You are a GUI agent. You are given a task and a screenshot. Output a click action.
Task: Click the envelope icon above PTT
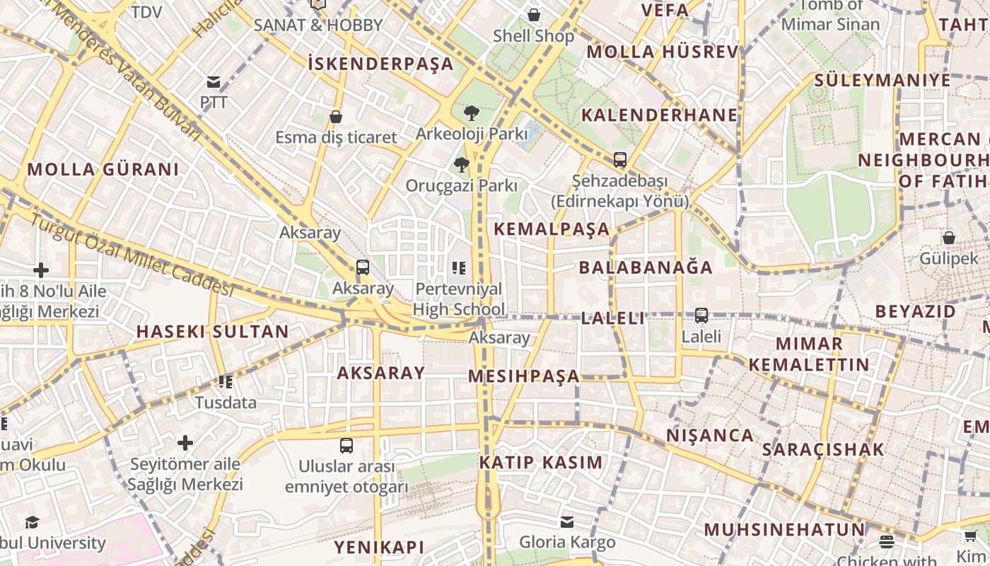point(214,82)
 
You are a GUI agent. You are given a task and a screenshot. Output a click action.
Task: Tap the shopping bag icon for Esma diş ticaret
point(336,117)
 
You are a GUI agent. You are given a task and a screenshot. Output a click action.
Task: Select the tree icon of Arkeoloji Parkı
point(471,112)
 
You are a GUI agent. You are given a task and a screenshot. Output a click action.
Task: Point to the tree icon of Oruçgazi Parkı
point(462,166)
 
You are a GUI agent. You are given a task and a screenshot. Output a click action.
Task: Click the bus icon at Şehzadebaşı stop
point(620,160)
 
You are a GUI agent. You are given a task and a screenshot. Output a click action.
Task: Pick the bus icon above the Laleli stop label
point(701,316)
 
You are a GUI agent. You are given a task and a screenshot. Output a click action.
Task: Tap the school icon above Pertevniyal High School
point(459,268)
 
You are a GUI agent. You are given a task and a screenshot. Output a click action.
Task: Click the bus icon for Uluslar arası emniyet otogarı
point(346,446)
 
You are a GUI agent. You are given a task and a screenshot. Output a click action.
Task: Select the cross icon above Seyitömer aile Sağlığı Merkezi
point(185,444)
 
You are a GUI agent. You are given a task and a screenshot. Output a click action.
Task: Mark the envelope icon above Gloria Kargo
point(567,522)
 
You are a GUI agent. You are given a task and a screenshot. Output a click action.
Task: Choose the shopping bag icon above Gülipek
point(949,238)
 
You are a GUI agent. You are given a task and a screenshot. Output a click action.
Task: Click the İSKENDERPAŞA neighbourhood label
point(381,64)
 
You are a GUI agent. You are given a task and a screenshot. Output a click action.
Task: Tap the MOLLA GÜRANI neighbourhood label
point(103,170)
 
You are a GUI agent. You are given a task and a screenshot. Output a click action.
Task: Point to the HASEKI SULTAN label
point(212,332)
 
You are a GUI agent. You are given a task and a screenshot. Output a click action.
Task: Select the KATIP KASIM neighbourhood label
point(541,463)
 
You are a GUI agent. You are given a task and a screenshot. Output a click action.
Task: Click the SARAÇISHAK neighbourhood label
point(823,449)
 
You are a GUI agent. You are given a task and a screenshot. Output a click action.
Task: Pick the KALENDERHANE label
point(659,115)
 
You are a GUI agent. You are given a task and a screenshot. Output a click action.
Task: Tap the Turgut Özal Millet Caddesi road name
point(132,255)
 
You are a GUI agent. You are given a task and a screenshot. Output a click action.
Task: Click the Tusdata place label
point(226,403)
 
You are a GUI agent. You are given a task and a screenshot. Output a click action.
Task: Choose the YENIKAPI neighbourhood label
point(379,547)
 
